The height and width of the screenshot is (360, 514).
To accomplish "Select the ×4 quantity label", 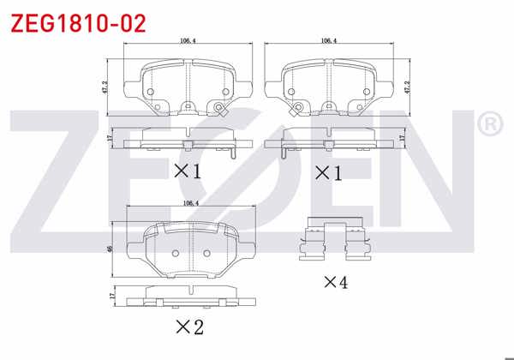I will [x=335, y=282].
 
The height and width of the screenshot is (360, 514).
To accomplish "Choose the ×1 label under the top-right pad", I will [x=328, y=172].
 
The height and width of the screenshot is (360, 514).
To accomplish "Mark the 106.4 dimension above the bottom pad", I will [x=190, y=203].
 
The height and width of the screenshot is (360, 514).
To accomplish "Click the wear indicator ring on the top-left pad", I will [x=221, y=108].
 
